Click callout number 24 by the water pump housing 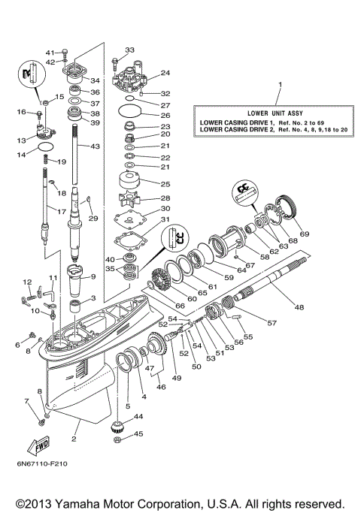click(165, 73)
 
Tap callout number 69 click(304, 234)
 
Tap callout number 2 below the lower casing click(74, 437)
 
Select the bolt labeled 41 click(65, 52)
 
